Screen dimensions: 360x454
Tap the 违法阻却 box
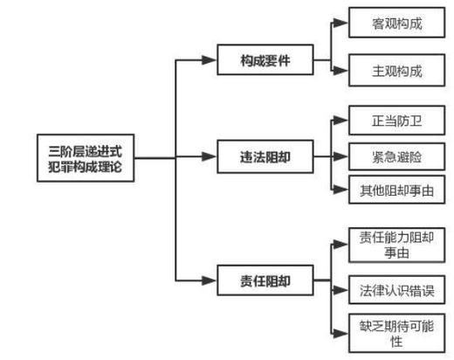click(265, 157)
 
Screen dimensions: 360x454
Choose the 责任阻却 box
click(265, 280)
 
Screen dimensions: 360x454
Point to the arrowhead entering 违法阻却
click(210, 157)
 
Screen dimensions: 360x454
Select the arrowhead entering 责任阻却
click(210, 280)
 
